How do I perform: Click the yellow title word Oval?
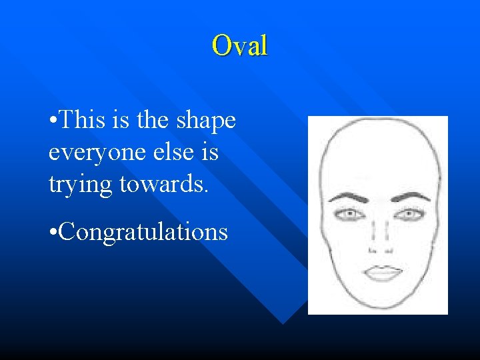click(x=239, y=45)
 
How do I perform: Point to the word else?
click(x=175, y=152)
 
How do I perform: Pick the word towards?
click(x=164, y=183)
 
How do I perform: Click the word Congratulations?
click(x=144, y=232)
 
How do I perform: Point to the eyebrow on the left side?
click(x=349, y=197)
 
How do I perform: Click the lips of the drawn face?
click(x=381, y=273)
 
